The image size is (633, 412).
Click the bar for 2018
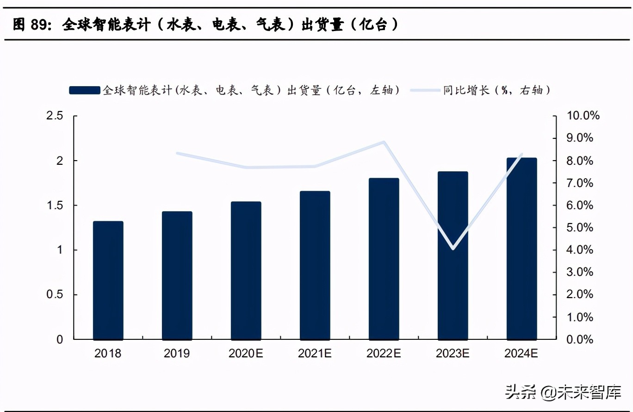pyautogui.click(x=108, y=281)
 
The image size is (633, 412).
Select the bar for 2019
pyautogui.click(x=177, y=275)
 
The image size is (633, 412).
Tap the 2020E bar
pyautogui.click(x=246, y=271)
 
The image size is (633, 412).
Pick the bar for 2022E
pyautogui.click(x=384, y=259)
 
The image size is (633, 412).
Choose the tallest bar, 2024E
pyautogui.click(x=521, y=249)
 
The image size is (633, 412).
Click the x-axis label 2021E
pyautogui.click(x=315, y=354)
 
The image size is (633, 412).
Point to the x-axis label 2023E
pyautogui.click(x=453, y=354)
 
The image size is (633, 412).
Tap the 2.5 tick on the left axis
pyautogui.click(x=55, y=116)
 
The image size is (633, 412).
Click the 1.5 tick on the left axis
pyautogui.click(x=55, y=205)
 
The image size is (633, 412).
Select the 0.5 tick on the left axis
pyautogui.click(x=55, y=295)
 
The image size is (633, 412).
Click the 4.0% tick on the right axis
pyautogui.click(x=580, y=250)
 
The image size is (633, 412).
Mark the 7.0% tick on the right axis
pyautogui.click(x=580, y=183)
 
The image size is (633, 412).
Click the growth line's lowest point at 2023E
pyautogui.click(x=453, y=249)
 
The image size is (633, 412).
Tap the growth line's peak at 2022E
pyautogui.click(x=384, y=142)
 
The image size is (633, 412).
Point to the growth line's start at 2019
pyautogui.click(x=177, y=153)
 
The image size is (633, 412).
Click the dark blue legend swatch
pyautogui.click(x=84, y=90)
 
